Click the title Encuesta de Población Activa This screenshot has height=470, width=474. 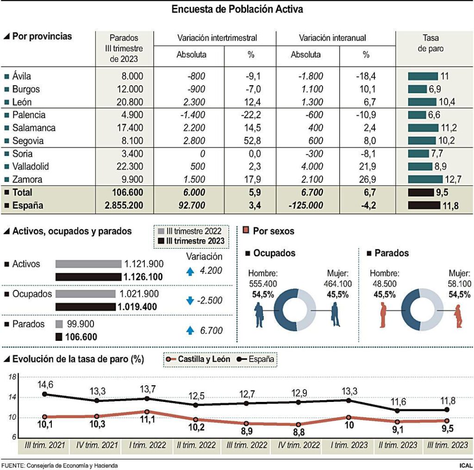pyautogui.click(x=237, y=9)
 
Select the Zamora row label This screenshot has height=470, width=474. pyautogui.click(x=27, y=180)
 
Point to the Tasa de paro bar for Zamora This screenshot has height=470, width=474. pyautogui.click(x=425, y=180)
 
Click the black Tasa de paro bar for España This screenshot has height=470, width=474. pyautogui.click(x=424, y=206)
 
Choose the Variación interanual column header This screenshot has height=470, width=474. pyautogui.click(x=332, y=38)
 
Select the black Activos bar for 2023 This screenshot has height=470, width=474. pyautogui.click(x=89, y=277)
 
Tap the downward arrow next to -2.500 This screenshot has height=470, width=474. pyautogui.click(x=189, y=301)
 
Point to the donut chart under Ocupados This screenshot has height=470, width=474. pyautogui.click(x=297, y=309)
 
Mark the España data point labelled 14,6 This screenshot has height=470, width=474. pyautogui.click(x=45, y=395)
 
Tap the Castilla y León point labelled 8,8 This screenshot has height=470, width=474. pyautogui.click(x=299, y=424)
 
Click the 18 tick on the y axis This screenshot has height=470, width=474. pyautogui.click(x=12, y=377)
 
